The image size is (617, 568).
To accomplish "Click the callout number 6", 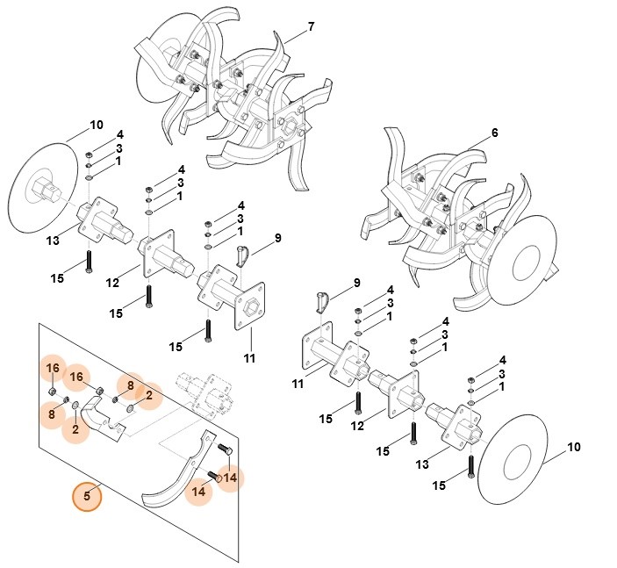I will click(x=494, y=133).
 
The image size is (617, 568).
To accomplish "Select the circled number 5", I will click(x=87, y=496).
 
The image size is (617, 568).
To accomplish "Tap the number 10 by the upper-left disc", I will click(x=97, y=124).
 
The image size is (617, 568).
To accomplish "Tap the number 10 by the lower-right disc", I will click(x=573, y=447).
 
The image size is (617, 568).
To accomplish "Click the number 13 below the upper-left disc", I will click(x=53, y=241).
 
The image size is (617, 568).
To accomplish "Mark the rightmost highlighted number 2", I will click(x=148, y=396).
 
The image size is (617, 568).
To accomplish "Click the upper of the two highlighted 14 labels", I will click(x=230, y=478).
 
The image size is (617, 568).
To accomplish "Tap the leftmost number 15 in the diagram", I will click(x=57, y=278).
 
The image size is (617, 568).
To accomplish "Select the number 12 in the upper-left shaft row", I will click(x=112, y=283).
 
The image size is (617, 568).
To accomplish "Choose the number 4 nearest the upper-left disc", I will click(x=120, y=134).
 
